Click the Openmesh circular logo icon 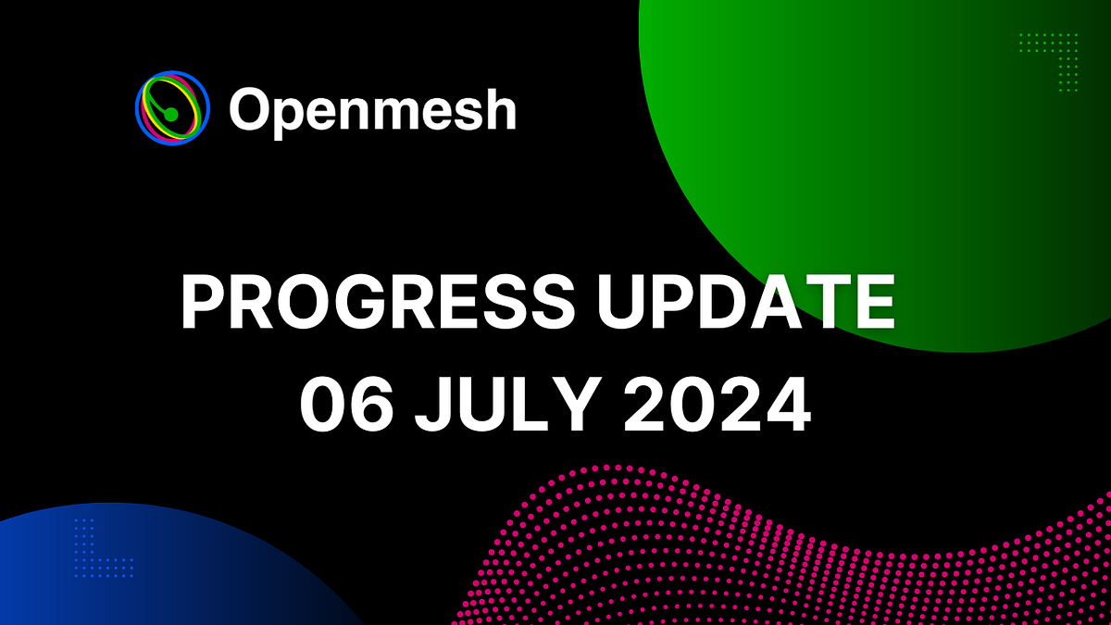pyautogui.click(x=171, y=108)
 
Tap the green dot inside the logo pyautogui.click(x=170, y=114)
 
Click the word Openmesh pyautogui.click(x=372, y=111)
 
